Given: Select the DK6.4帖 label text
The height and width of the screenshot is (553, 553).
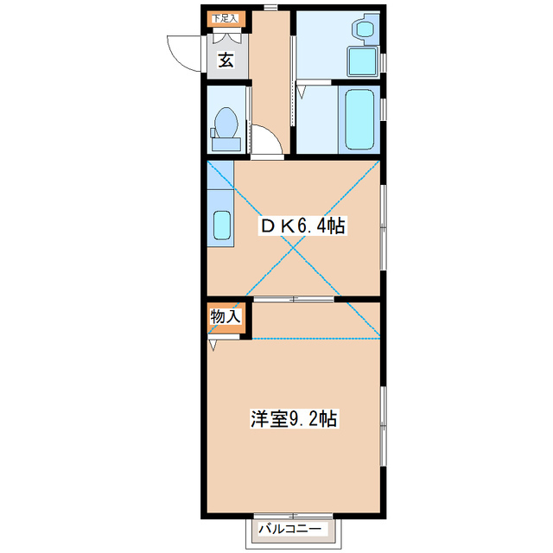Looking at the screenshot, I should click(304, 226).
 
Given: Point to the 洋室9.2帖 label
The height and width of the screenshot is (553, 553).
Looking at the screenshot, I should click(294, 419).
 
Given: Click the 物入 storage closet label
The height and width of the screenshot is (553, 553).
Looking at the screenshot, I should click(226, 317).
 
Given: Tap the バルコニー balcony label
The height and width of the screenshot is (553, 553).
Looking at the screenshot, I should click(291, 529).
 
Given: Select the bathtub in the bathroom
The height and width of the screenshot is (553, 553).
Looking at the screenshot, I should click(359, 118).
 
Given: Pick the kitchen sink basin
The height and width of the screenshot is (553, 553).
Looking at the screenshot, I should click(221, 226).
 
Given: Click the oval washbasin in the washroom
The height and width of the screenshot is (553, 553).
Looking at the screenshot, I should click(363, 30).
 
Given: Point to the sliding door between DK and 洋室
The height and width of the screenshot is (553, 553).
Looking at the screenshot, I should click(294, 299).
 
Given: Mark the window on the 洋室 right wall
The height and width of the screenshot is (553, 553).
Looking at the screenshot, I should click(382, 423).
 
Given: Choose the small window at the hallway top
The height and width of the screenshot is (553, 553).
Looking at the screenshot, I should click(270, 8).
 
